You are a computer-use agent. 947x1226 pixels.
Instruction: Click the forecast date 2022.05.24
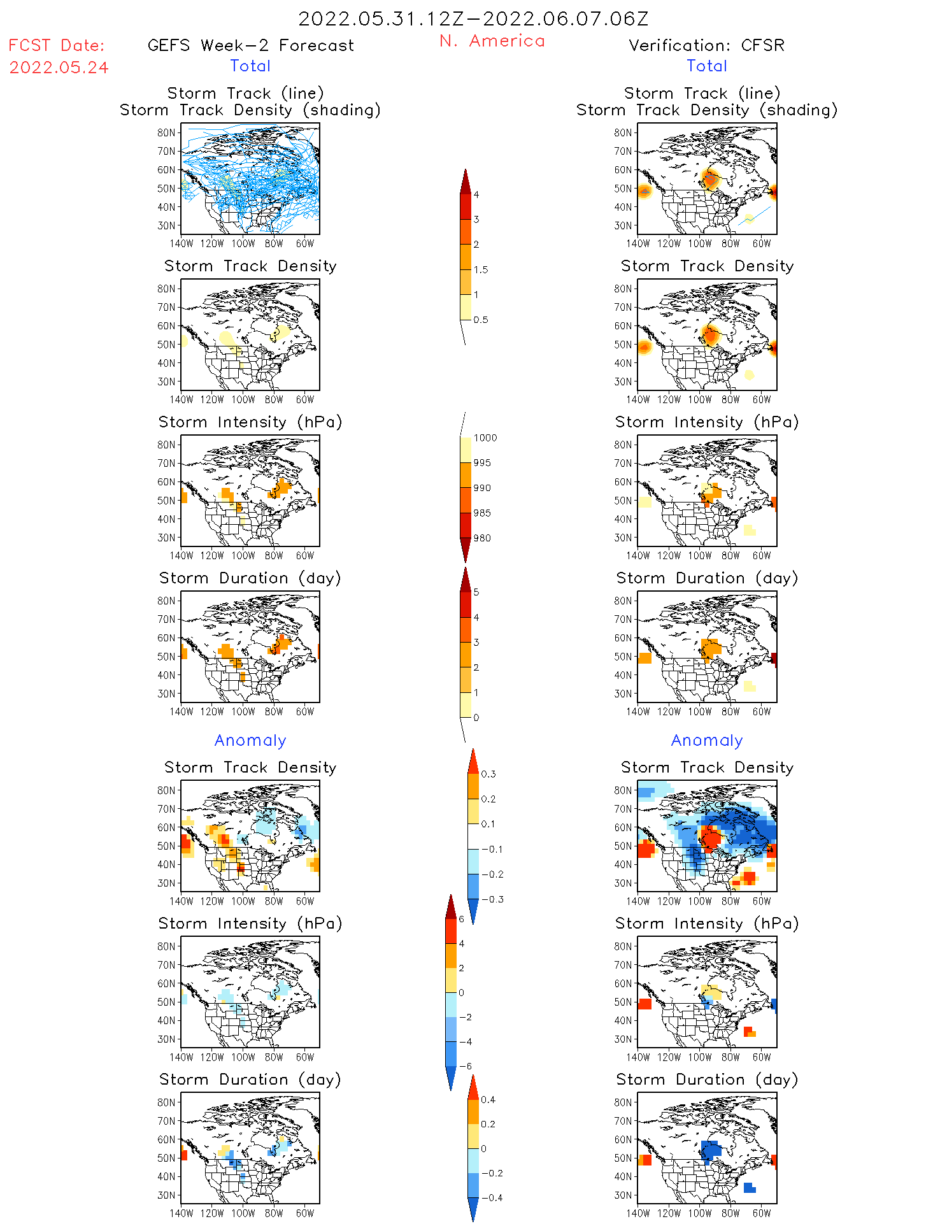tap(59, 68)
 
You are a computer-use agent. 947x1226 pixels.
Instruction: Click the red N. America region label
tap(492, 41)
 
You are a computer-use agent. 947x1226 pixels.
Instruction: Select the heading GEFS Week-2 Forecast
tap(250, 45)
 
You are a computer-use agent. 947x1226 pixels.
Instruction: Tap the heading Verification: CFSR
tap(706, 45)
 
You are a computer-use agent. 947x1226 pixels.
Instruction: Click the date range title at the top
tap(473, 18)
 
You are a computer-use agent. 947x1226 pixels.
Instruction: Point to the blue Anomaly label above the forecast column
tap(250, 740)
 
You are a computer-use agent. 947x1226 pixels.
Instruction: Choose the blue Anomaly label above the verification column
tap(707, 740)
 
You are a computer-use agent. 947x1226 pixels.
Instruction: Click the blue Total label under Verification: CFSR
tap(706, 66)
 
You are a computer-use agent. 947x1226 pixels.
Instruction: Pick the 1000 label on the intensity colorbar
tap(485, 438)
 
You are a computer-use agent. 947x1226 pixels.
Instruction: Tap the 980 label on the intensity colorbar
tap(482, 538)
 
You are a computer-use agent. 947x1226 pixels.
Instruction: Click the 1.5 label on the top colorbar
tap(480, 269)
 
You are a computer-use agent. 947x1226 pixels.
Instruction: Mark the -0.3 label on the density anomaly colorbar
tap(491, 899)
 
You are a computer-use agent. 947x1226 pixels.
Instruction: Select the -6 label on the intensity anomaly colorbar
tap(466, 1066)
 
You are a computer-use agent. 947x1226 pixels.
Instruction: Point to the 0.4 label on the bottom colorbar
tap(488, 1099)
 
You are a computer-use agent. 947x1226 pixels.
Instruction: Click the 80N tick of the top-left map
tap(166, 132)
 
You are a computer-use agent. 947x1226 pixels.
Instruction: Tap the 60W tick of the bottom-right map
tap(762, 1213)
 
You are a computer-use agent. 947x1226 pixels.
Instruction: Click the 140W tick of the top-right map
tap(638, 243)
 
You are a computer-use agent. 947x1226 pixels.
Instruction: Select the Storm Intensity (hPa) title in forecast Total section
tap(250, 422)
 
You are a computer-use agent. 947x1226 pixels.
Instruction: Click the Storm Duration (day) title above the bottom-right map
tap(707, 1080)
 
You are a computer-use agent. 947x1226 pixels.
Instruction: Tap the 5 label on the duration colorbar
tap(476, 592)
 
